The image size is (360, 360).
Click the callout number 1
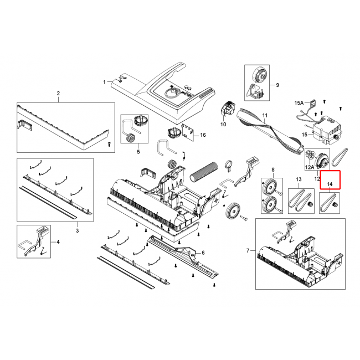pyautogui.click(x=105, y=82)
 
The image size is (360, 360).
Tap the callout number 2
pyautogui.click(x=58, y=93)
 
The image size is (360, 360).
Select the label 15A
pyautogui.click(x=299, y=103)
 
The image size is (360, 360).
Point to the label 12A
pyautogui.click(x=310, y=167)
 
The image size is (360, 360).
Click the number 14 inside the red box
pyautogui.click(x=330, y=184)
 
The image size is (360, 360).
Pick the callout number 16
pyautogui.click(x=203, y=135)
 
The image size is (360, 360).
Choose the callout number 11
pyautogui.click(x=265, y=115)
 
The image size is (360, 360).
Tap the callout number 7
pyautogui.click(x=248, y=250)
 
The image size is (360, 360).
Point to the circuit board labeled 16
pyautogui.click(x=187, y=132)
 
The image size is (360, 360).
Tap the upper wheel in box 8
pyautogui.click(x=269, y=188)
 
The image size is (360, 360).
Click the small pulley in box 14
pyautogui.click(x=335, y=204)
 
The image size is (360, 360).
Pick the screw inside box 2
pyautogui.click(x=109, y=144)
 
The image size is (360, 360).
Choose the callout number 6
pyautogui.click(x=203, y=253)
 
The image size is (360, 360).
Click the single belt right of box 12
pyautogui.click(x=341, y=157)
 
